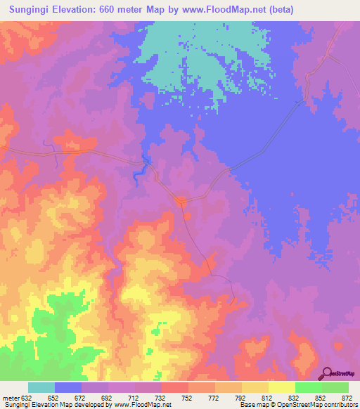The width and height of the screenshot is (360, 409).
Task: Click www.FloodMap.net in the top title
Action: click(x=220, y=10)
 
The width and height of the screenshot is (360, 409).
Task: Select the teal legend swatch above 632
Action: click(x=41, y=387)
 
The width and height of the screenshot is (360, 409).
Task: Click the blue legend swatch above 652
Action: click(x=68, y=387)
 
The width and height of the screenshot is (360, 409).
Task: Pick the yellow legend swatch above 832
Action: click(x=281, y=387)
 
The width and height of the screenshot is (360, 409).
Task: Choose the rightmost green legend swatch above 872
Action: click(x=335, y=387)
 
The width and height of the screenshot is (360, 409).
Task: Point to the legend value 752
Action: click(x=188, y=397)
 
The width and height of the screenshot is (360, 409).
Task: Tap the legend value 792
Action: click(x=242, y=397)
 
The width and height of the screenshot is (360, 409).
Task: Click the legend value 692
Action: click(x=108, y=397)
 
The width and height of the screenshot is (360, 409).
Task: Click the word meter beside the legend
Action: click(x=12, y=397)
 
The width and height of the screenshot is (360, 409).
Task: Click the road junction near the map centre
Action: click(x=181, y=202)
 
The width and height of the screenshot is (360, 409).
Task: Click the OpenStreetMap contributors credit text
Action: click(x=324, y=405)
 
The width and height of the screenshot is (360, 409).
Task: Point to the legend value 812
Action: click(x=269, y=397)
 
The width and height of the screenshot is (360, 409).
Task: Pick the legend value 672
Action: click(x=82, y=397)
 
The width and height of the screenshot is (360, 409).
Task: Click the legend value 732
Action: click(x=162, y=397)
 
